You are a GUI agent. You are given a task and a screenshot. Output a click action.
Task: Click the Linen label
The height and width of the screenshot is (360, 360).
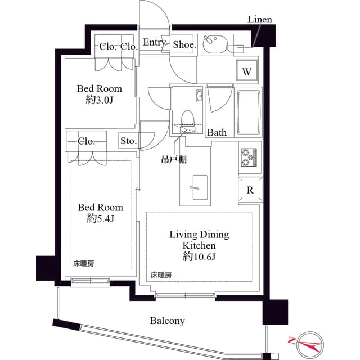[260, 20]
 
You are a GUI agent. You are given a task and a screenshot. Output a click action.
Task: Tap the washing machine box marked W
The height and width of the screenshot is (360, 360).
[247, 71]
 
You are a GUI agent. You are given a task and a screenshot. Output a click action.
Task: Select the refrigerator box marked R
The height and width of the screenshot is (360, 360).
[250, 190]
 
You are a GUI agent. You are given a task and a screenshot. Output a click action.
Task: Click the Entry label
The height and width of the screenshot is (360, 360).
[154, 43]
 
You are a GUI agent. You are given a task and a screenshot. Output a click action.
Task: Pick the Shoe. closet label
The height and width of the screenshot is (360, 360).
[184, 44]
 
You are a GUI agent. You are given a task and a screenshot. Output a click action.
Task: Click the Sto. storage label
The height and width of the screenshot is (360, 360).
[128, 141]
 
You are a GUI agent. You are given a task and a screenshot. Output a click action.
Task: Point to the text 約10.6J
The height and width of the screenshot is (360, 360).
[199, 256]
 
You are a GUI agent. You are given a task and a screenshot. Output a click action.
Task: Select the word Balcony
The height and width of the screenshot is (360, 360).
[167, 321]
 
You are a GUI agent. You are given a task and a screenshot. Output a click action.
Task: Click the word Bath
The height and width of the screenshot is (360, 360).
[217, 133]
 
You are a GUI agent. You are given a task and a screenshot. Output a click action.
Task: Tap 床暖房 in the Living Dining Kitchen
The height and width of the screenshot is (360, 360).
[161, 275]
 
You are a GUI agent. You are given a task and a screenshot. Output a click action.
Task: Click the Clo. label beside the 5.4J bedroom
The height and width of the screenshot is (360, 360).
[86, 141]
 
